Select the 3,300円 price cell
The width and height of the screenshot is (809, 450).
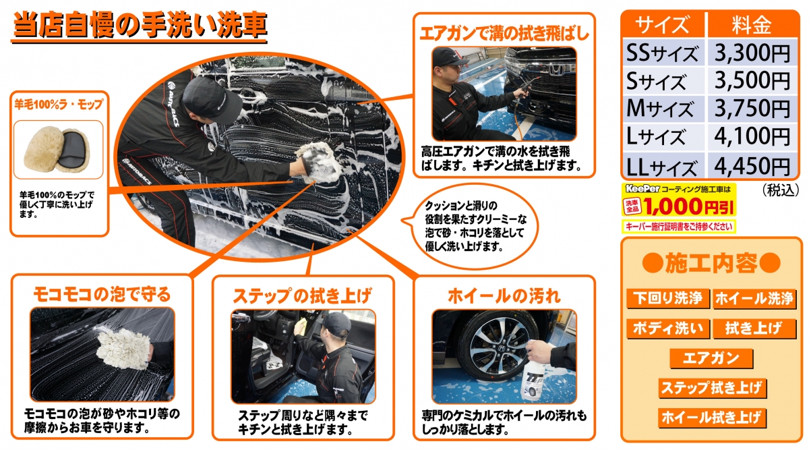pyautogui.click(x=752, y=53)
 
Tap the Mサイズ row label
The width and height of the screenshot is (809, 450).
pyautogui.click(x=660, y=108)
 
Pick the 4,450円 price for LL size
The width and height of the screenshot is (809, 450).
pyautogui.click(x=752, y=166)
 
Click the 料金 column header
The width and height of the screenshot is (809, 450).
pyautogui.click(x=752, y=24)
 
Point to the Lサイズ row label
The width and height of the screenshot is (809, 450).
pyautogui.click(x=656, y=137)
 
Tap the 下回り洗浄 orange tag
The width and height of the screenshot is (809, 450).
pyautogui.click(x=668, y=299)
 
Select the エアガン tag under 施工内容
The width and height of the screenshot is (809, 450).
pyautogui.click(x=711, y=358)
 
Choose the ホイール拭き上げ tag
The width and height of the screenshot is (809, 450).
pyautogui.click(x=712, y=418)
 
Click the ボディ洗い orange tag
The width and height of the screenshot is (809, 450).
pyautogui.click(x=668, y=329)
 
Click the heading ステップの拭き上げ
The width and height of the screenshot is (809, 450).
pyautogui.click(x=302, y=296)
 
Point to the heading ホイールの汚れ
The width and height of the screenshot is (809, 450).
pyautogui.click(x=504, y=296)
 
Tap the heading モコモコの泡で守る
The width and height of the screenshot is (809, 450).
pyautogui.click(x=102, y=294)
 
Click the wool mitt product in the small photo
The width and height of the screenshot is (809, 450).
pyautogui.click(x=57, y=149)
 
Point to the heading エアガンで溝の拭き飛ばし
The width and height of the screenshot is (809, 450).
pyautogui.click(x=504, y=34)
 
